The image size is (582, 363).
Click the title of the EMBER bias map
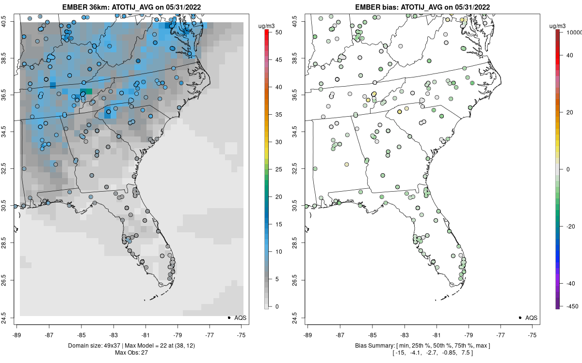(x=422, y=7)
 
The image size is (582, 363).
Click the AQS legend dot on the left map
(x=228, y=318)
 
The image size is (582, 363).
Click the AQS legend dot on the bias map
(x=519, y=318)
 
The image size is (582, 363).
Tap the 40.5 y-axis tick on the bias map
(x=301, y=22)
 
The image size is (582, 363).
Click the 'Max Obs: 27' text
(x=131, y=352)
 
